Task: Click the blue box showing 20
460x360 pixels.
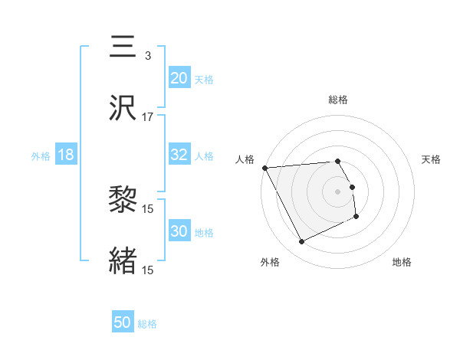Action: tap(179, 77)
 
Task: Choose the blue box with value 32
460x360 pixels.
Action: tap(179, 155)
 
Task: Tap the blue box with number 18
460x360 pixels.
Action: tap(66, 155)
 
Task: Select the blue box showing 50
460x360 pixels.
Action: tap(123, 322)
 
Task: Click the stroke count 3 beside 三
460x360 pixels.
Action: tap(148, 56)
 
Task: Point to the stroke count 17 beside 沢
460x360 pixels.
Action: tap(148, 117)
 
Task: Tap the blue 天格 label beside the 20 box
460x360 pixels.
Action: tap(204, 79)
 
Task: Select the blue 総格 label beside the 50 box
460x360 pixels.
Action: tap(147, 324)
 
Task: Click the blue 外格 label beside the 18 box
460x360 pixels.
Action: tap(41, 156)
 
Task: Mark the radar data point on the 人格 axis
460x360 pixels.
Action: tap(264, 168)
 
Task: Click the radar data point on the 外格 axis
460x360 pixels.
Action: tap(301, 242)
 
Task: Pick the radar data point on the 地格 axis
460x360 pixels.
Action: tap(357, 218)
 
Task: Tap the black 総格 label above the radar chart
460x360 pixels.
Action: tap(338, 100)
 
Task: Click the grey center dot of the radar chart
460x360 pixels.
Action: tap(338, 191)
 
